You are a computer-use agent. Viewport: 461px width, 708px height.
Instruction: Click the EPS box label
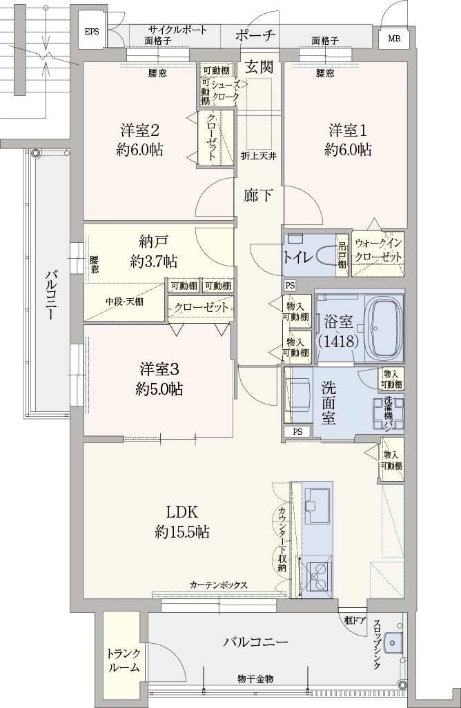(x=92, y=32)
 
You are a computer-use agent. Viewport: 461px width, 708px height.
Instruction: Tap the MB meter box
(x=393, y=38)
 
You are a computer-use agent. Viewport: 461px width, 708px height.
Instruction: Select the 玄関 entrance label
(x=259, y=68)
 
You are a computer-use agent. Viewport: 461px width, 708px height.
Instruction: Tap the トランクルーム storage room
(x=124, y=660)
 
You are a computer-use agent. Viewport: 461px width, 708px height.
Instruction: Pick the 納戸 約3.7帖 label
(x=153, y=251)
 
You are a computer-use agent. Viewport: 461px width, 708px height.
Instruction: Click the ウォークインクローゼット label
(x=377, y=250)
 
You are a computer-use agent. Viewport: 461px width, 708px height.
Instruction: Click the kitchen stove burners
(x=319, y=576)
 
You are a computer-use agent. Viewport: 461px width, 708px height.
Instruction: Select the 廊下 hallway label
(x=259, y=195)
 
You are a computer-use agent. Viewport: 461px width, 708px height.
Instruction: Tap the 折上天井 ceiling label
(x=259, y=156)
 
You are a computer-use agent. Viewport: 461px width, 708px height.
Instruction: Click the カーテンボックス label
(x=218, y=585)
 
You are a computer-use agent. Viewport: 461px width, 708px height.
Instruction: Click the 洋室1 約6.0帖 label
(x=348, y=139)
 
